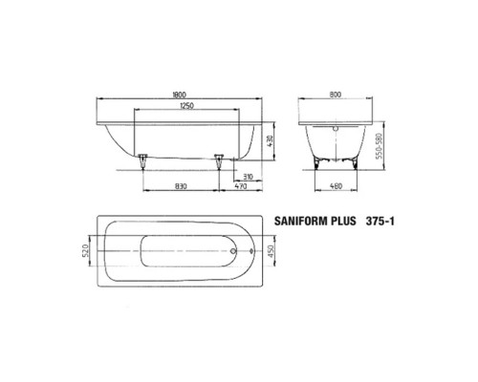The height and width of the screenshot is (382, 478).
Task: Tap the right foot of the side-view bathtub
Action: (x=218, y=159)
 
